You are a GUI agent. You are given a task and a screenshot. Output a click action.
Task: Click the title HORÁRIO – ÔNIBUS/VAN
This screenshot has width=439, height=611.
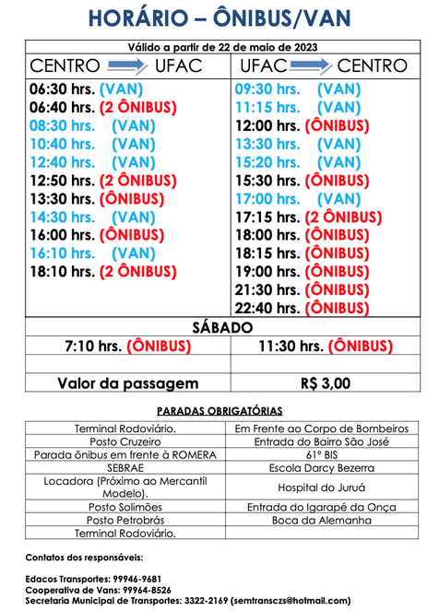[219, 19]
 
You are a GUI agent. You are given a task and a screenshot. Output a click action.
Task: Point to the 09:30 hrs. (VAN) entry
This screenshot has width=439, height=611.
[297, 90]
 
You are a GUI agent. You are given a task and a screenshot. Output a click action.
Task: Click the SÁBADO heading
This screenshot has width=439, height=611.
[219, 327]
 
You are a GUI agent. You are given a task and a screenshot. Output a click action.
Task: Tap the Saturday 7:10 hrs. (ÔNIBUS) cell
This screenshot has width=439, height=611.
[127, 347]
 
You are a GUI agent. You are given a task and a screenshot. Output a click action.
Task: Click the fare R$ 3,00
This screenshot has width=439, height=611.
[326, 383]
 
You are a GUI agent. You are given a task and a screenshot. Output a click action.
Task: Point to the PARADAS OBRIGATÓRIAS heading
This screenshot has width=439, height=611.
[219, 410]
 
